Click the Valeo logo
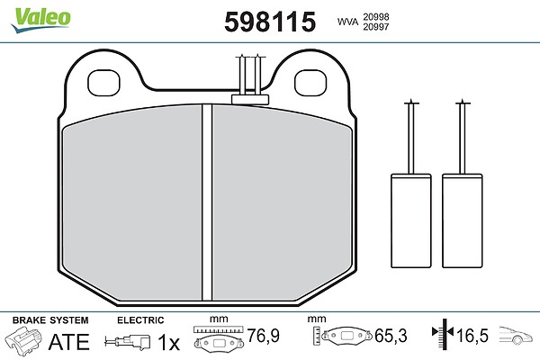41,20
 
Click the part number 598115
270,22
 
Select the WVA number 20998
375,17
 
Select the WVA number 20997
375,27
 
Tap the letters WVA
347,22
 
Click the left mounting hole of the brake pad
103,83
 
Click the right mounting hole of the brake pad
310,83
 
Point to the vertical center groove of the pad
207,202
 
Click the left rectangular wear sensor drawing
411,220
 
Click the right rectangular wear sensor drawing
463,220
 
